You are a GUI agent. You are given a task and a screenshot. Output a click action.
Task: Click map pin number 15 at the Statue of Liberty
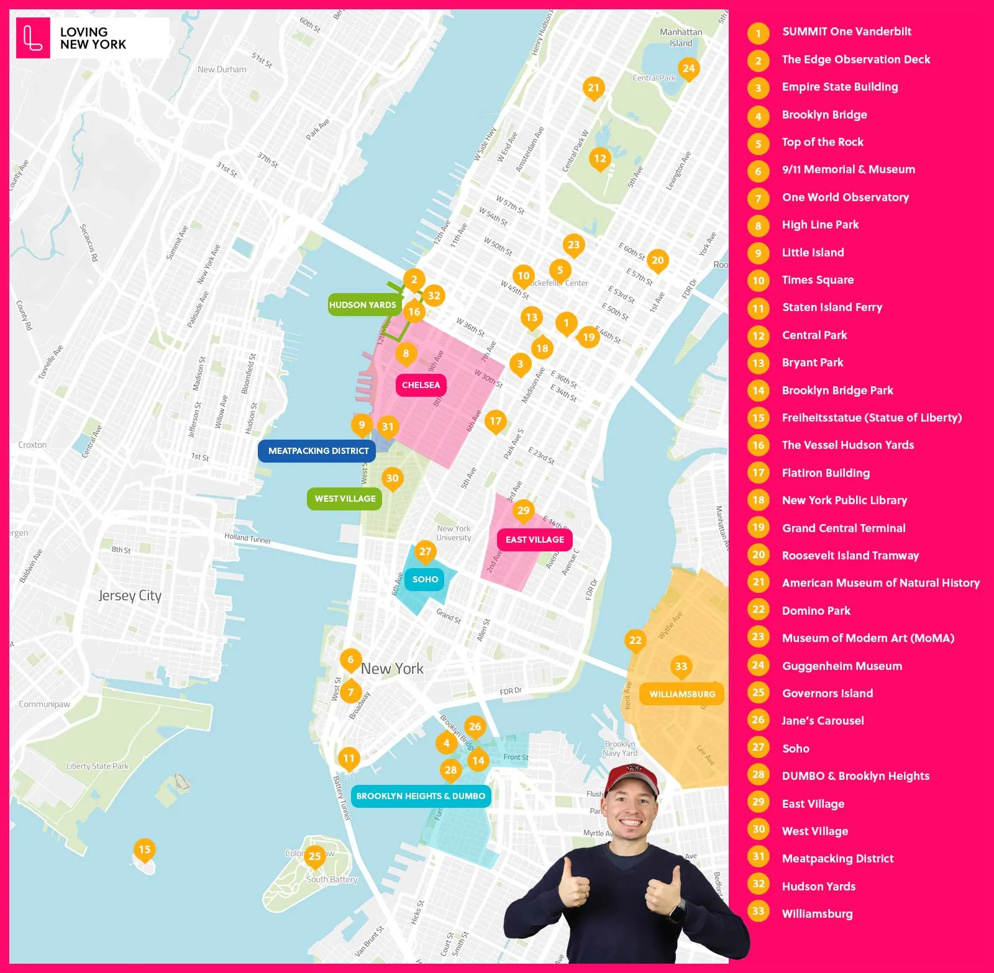(144, 849)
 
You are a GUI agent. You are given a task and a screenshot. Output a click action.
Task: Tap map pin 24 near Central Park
(688, 69)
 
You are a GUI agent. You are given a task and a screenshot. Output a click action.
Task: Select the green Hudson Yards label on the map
(362, 305)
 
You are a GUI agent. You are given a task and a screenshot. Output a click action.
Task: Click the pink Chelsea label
(421, 385)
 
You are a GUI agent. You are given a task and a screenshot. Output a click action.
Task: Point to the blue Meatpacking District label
(318, 451)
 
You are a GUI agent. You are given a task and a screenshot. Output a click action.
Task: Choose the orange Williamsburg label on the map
(682, 694)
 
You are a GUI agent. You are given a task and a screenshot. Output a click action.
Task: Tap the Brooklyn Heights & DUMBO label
(421, 796)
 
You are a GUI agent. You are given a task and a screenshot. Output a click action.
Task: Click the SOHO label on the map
(425, 579)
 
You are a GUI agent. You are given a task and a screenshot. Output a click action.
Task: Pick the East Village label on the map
(534, 540)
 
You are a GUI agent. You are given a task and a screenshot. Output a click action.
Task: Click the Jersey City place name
(130, 595)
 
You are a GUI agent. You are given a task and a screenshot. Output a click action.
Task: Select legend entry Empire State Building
(839, 87)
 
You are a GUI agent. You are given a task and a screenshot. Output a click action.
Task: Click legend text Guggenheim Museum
(842, 666)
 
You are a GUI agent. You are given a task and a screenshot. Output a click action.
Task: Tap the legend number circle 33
(758, 912)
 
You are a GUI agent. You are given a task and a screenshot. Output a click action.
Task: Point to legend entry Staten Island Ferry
(832, 307)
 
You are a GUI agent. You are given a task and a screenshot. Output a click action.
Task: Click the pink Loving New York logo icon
(33, 38)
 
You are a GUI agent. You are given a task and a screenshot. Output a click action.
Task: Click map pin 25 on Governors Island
(314, 856)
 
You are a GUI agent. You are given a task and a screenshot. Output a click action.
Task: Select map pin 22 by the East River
(635, 640)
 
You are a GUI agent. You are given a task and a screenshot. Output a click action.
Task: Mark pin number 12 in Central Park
(600, 159)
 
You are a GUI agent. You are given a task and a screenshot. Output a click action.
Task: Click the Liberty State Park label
(98, 766)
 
